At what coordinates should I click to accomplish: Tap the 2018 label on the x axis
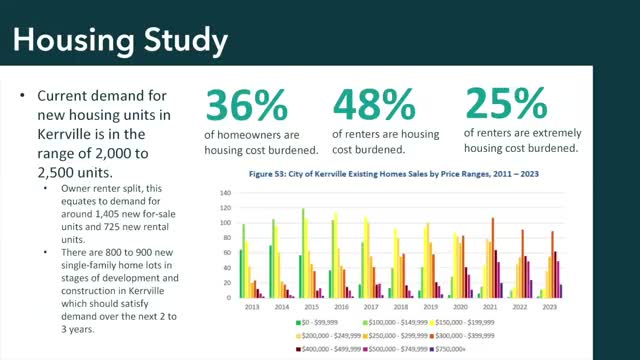[401, 308]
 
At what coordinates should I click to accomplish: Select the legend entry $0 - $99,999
[319, 324]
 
